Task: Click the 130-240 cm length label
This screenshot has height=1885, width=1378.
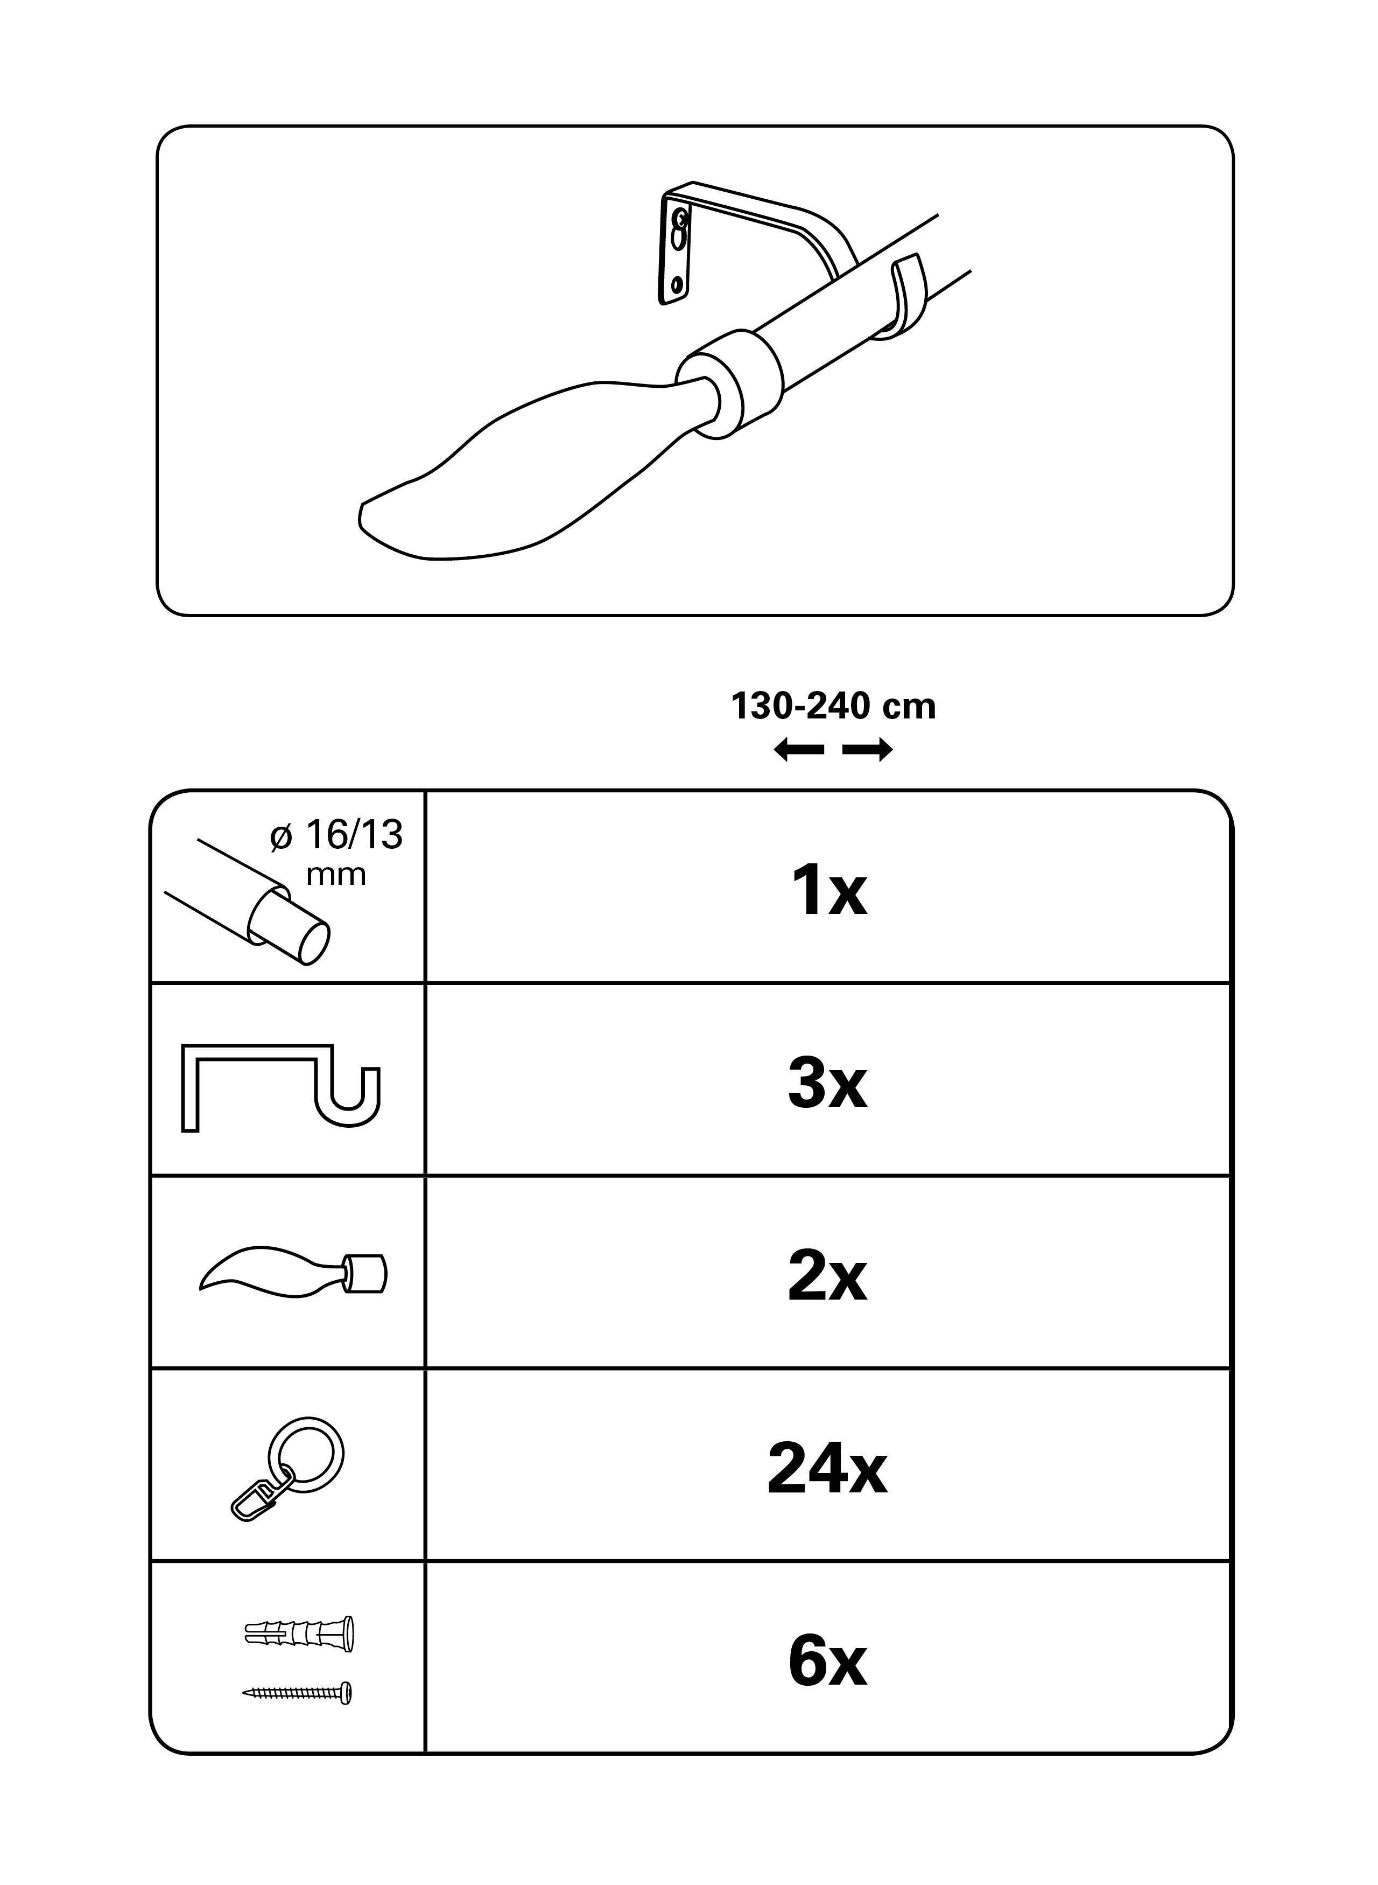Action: point(833,707)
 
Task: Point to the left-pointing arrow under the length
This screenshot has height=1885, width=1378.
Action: point(798,751)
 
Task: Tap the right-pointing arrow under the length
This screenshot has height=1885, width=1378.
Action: point(868,751)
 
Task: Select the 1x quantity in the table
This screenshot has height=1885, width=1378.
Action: point(828,891)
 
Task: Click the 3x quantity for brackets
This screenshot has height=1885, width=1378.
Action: point(827,1084)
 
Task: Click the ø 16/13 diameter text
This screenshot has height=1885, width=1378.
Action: point(337,834)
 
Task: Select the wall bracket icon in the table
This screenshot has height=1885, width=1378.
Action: point(280,1088)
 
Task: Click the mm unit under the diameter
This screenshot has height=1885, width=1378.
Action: point(337,875)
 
